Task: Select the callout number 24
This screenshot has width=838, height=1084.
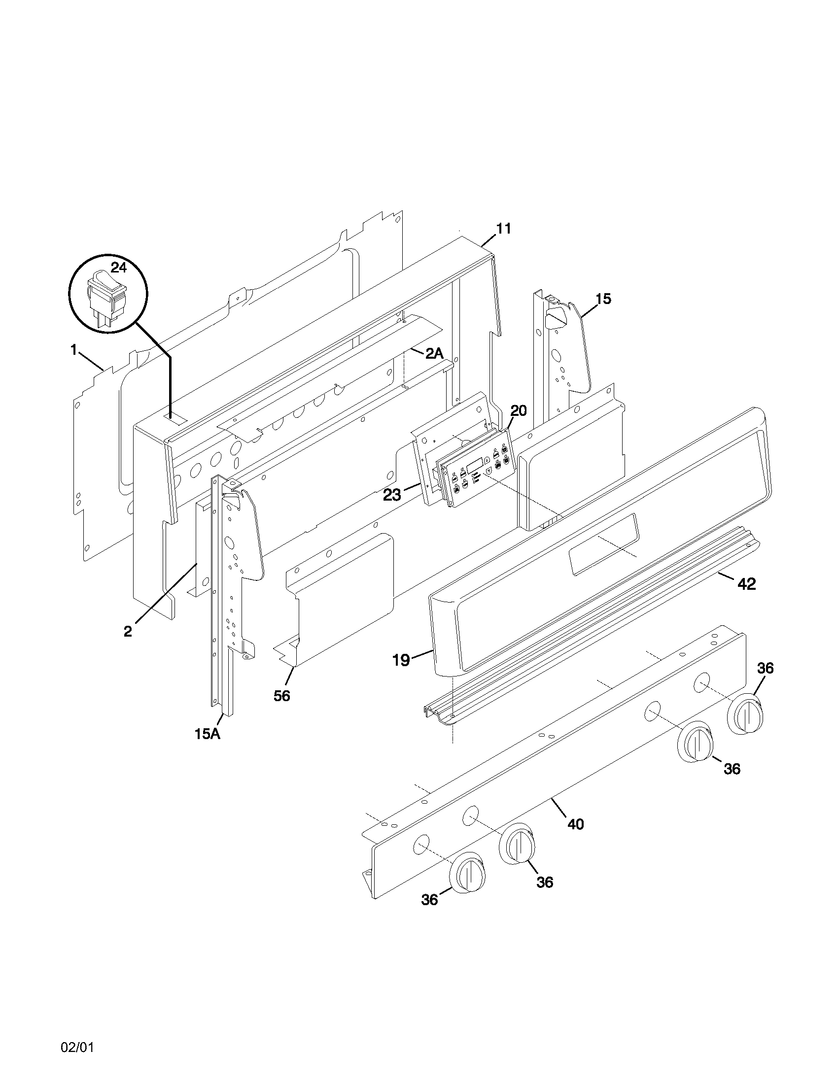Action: click(x=119, y=268)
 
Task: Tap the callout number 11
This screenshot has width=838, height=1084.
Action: click(x=503, y=229)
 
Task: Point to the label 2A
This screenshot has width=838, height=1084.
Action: click(x=434, y=353)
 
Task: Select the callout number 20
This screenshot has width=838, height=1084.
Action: click(x=518, y=411)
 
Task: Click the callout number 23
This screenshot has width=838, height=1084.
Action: click(x=392, y=495)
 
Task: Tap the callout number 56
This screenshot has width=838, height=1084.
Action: click(x=281, y=696)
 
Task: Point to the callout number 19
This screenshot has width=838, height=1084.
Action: click(x=401, y=660)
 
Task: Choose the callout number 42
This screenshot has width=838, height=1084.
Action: click(x=746, y=585)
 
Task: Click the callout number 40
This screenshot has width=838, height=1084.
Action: click(x=576, y=824)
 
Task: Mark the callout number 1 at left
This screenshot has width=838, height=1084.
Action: click(x=73, y=350)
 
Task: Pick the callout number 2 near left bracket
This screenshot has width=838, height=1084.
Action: click(x=128, y=631)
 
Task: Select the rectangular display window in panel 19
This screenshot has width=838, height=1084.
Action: click(x=604, y=544)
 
